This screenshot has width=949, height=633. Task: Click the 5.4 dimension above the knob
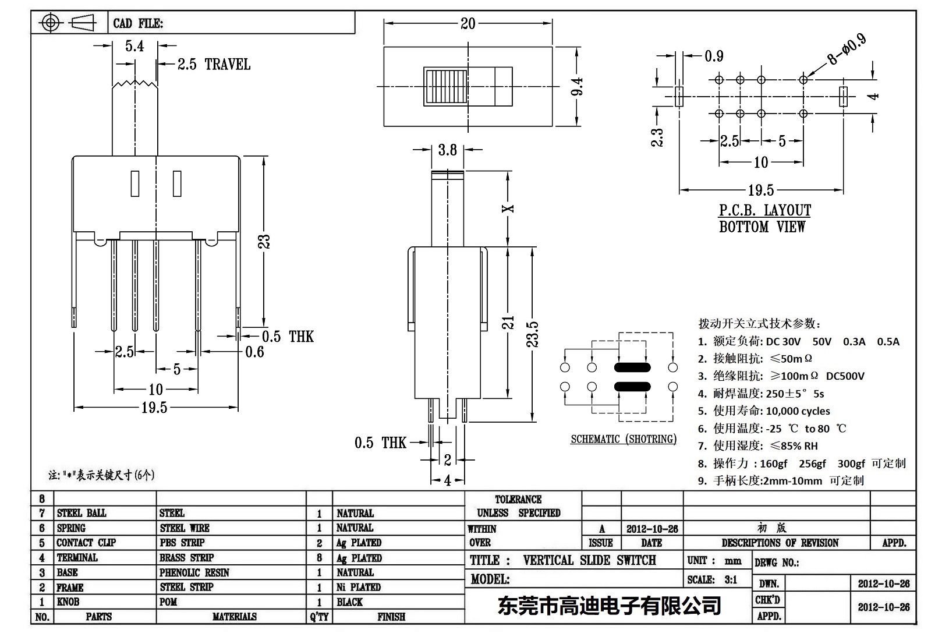[134, 46]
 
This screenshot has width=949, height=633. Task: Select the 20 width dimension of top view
[468, 24]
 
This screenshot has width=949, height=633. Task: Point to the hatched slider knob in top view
[446, 87]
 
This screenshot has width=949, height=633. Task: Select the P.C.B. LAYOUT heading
[764, 210]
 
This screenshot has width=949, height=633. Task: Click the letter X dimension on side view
[509, 208]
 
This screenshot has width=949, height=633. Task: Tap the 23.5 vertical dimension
[532, 334]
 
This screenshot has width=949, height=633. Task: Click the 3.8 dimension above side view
[447, 150]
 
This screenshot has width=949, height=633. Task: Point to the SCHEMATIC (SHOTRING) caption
[623, 439]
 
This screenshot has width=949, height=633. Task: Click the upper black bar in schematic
[632, 367]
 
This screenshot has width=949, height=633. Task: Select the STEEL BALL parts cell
[82, 513]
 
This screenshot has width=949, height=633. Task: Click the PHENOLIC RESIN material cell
[194, 572]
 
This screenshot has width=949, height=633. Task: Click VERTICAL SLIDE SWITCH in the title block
[589, 560]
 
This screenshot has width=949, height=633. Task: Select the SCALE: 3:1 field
[711, 579]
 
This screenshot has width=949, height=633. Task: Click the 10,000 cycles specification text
[798, 411]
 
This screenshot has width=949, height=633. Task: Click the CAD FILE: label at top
[138, 23]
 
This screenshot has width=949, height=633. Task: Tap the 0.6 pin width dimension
[254, 352]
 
